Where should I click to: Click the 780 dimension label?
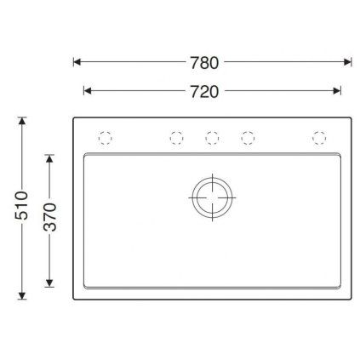tap(204, 63)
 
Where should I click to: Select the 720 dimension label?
tap(204, 92)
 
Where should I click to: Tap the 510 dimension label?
tap(21, 205)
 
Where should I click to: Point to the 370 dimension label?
tap(50, 217)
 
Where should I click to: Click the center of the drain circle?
tap(212, 197)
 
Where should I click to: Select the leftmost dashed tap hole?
tap(105, 138)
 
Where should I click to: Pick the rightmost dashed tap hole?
tap(319, 138)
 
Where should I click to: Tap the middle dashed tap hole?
tap(212, 138)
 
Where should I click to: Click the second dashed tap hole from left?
tap(176, 138)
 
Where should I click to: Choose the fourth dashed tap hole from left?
tap(248, 138)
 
